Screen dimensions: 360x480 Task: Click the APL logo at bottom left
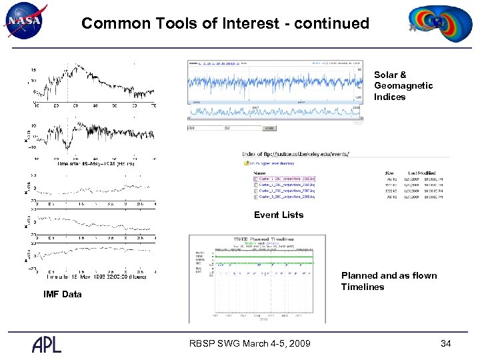(47, 344)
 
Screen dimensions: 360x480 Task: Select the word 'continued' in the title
(333, 23)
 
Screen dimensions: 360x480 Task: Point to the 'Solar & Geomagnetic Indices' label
(403, 86)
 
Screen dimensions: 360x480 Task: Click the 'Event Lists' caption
(278, 215)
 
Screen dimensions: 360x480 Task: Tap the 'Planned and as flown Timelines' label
(389, 281)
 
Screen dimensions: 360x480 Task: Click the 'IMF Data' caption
(63, 294)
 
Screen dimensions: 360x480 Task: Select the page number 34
(446, 343)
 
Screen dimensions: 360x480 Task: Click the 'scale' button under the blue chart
(269, 128)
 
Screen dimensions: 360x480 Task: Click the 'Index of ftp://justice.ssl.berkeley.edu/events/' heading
(295, 154)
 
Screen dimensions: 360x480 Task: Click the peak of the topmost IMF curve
(78, 65)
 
